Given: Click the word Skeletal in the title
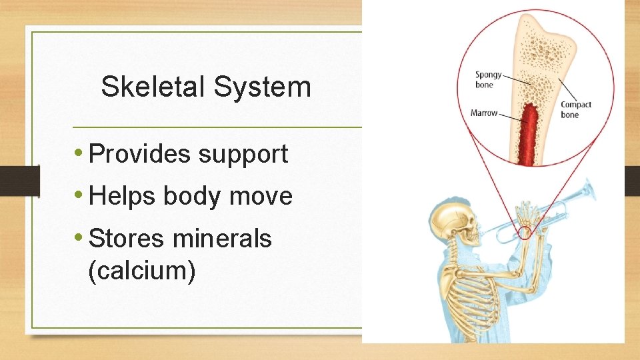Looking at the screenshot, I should pyautogui.click(x=151, y=87).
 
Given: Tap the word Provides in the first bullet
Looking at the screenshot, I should pyautogui.click(x=139, y=154).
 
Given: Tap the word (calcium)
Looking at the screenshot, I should pyautogui.click(x=141, y=270).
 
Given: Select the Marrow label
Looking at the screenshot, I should pyautogui.click(x=484, y=113).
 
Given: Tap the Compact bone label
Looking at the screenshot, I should pyautogui.click(x=575, y=109).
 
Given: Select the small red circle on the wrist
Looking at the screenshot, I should pyautogui.click(x=523, y=233).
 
